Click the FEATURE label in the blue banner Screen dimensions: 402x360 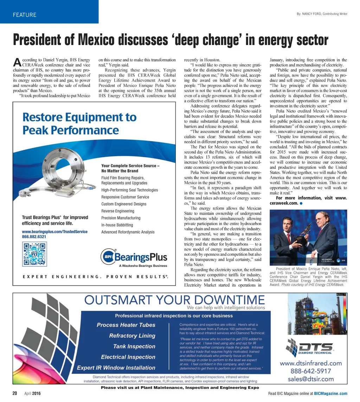point(24,15)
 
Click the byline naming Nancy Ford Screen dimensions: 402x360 point(322,14)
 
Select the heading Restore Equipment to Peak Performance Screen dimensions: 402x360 point(79,123)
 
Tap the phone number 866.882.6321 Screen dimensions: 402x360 point(34,237)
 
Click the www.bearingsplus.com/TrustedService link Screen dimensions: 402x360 point(54,232)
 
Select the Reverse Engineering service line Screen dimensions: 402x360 point(117,211)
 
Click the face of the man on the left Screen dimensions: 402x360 point(286,225)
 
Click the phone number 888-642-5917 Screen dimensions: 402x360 point(310,371)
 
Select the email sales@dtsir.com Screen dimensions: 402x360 point(310,379)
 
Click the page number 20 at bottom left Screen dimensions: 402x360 point(15,394)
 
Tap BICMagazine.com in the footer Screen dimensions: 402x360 point(330,394)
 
